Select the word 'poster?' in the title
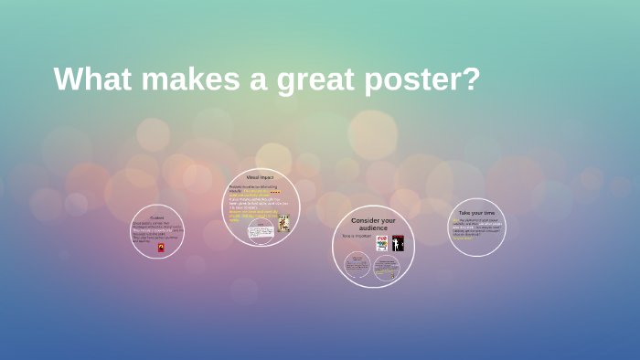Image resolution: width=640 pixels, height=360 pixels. pyautogui.click(x=422, y=79)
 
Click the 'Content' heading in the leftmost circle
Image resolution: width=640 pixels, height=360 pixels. pyautogui.click(x=157, y=217)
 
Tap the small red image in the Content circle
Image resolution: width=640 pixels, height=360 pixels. pyautogui.click(x=162, y=247)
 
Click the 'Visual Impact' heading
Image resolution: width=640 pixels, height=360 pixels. pyautogui.click(x=261, y=176)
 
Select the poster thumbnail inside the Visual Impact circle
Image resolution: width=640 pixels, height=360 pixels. pyautogui.click(x=284, y=223)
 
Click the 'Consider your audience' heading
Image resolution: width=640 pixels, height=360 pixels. pyautogui.click(x=373, y=224)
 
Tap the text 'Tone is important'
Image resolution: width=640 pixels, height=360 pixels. pyautogui.click(x=356, y=237)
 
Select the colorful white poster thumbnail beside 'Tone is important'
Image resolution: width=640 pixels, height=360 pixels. pyautogui.click(x=382, y=243)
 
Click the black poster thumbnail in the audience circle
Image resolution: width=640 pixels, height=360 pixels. pyautogui.click(x=398, y=243)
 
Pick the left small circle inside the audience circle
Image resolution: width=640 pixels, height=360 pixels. pyautogui.click(x=357, y=266)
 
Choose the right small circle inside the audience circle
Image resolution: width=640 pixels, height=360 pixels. pyautogui.click(x=387, y=268)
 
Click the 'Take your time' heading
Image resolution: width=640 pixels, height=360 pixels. pyautogui.click(x=476, y=213)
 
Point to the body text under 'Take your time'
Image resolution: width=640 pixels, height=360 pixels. pyautogui.click(x=476, y=227)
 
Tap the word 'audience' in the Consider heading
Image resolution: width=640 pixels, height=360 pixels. pyautogui.click(x=373, y=228)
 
